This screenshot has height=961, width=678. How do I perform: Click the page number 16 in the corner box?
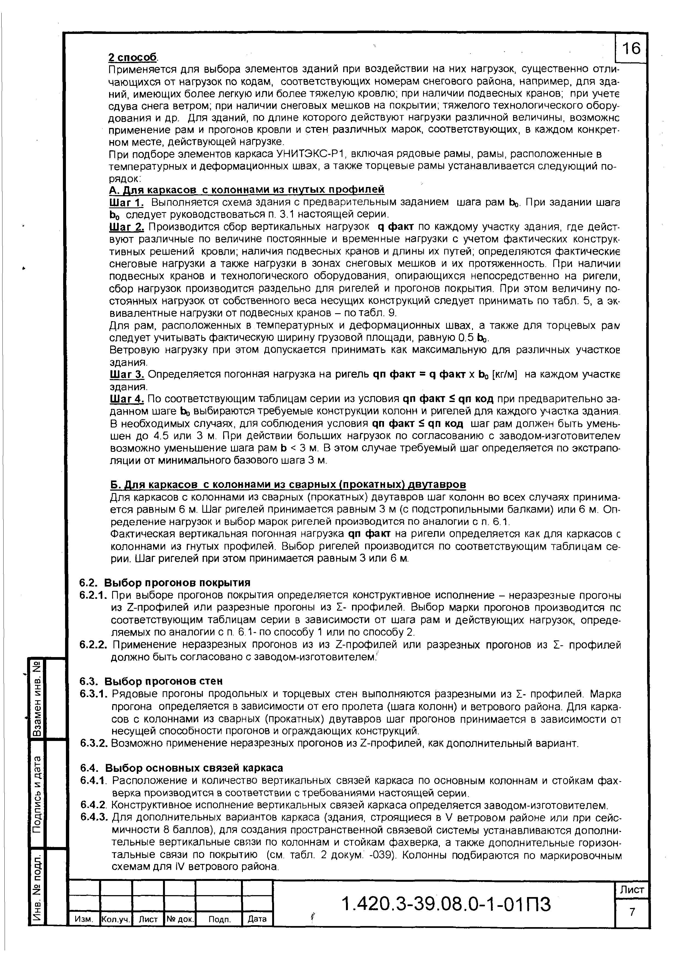(x=632, y=49)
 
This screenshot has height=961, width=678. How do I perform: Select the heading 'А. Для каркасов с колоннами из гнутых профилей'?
(x=246, y=190)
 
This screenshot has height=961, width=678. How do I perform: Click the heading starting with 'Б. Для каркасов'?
(x=288, y=484)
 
